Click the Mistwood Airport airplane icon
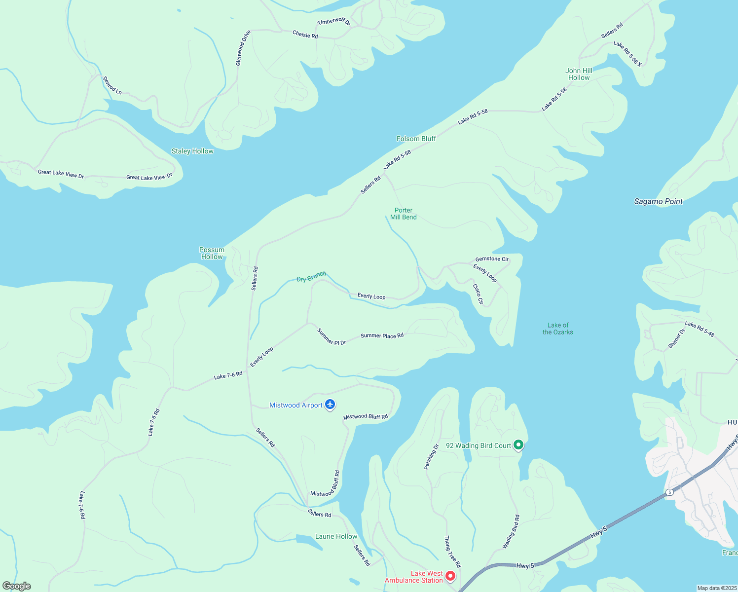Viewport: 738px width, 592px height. [330, 405]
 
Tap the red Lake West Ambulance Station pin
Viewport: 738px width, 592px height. [450, 576]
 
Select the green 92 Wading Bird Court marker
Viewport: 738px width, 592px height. [518, 445]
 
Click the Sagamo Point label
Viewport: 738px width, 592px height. [658, 201]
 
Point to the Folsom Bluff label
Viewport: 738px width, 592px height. [416, 139]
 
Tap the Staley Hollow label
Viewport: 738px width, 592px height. [192, 151]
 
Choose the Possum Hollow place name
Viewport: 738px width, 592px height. [212, 253]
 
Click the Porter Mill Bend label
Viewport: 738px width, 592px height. [403, 214]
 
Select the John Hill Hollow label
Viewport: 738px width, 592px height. [579, 74]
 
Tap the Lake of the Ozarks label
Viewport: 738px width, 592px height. [557, 329]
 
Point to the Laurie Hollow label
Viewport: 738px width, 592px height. [336, 536]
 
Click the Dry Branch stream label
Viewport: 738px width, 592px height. [311, 277]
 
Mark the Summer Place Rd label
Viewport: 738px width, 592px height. [382, 335]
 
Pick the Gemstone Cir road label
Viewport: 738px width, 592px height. [491, 259]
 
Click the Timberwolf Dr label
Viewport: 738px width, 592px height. [333, 22]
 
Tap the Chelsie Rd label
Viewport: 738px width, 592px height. [305, 35]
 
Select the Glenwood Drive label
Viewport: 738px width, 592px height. [243, 48]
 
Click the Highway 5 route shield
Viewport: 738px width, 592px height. [669, 492]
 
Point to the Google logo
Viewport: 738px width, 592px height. [17, 586]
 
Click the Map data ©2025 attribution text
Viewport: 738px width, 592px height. [716, 588]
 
